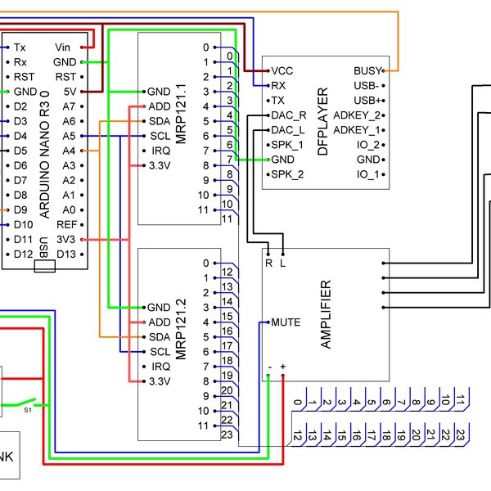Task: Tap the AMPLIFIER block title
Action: (327, 315)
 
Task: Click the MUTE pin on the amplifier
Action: (285, 322)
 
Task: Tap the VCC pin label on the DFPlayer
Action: (282, 71)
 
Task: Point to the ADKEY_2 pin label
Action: (358, 115)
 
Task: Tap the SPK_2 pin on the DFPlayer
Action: (286, 174)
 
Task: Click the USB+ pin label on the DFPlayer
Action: (367, 100)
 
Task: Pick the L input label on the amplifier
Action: (283, 264)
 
